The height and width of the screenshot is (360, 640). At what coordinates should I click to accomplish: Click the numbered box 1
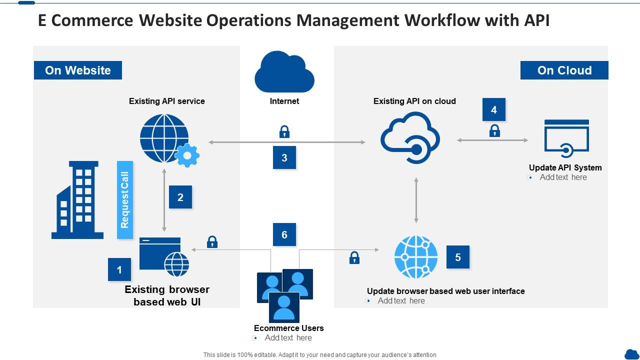tap(119, 270)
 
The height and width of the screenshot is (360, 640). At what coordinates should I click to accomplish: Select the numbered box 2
tap(180, 197)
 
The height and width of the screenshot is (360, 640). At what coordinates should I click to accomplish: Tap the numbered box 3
tap(284, 158)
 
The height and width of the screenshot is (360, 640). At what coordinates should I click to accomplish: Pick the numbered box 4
tap(494, 110)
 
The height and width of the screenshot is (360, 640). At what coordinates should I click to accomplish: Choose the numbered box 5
tap(458, 257)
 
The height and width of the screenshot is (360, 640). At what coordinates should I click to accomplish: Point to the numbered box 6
tap(284, 234)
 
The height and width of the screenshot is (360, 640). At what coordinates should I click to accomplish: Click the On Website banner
tap(78, 70)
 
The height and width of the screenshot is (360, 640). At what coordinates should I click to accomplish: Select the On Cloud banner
tap(564, 70)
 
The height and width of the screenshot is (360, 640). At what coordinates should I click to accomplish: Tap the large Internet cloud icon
tap(284, 72)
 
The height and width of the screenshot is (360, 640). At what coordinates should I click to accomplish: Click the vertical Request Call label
tap(125, 200)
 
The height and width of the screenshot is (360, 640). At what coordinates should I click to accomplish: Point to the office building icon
tap(78, 200)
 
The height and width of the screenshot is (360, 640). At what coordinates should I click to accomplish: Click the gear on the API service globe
tap(187, 155)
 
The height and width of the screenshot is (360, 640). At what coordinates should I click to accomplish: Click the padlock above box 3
tap(284, 132)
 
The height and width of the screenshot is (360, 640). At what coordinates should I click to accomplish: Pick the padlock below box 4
tap(494, 131)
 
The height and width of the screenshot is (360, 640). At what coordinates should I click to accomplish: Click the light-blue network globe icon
tap(415, 257)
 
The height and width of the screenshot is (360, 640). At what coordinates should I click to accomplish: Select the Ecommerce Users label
tap(288, 328)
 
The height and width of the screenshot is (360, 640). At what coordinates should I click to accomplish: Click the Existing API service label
tap(167, 101)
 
